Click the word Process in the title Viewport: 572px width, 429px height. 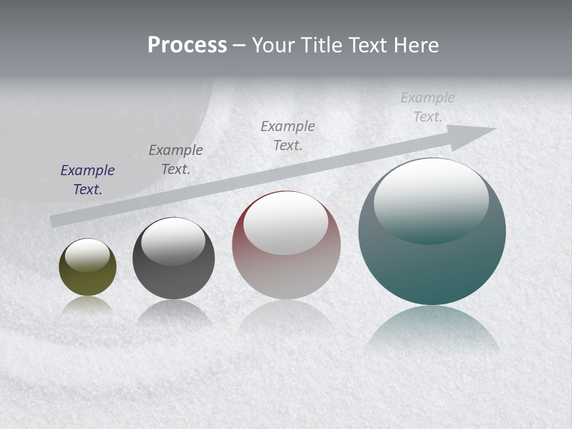[187, 45]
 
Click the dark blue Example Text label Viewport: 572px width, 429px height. [88, 180]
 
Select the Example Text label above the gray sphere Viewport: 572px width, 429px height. [176, 160]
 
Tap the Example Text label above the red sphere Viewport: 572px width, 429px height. [288, 135]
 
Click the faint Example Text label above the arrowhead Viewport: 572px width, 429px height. [428, 107]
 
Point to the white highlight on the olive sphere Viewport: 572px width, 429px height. [88, 255]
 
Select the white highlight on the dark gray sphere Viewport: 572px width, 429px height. [173, 241]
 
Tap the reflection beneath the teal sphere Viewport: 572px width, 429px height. [432, 328]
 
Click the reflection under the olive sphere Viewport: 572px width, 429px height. [88, 305]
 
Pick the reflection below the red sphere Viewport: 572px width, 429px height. [286, 316]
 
